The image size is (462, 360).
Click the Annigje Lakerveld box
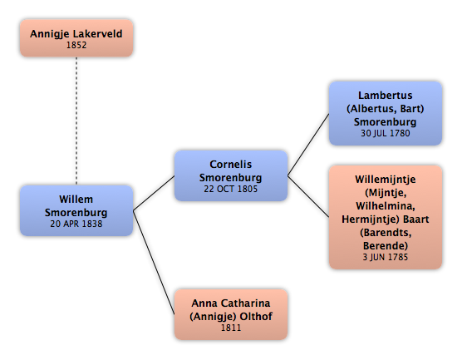tap(76, 38)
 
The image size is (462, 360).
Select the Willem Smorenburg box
tap(76, 210)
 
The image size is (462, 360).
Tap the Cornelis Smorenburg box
tap(231, 175)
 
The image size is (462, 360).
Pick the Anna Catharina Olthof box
tap(231, 314)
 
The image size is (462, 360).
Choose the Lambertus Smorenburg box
tap(386, 114)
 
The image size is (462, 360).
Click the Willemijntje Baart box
tap(386, 217)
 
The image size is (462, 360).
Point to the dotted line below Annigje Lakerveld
tap(76, 121)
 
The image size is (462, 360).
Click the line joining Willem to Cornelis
tap(154, 193)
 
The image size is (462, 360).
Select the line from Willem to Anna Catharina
tap(154, 263)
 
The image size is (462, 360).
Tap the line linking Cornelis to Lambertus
tap(308, 145)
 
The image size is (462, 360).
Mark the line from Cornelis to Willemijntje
tap(308, 197)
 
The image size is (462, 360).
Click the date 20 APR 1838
tap(76, 224)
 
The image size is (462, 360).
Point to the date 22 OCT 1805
tap(231, 189)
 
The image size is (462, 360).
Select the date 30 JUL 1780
tap(386, 133)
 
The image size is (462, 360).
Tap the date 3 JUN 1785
tap(386, 257)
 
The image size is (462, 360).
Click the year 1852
tap(76, 45)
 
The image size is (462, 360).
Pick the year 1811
tap(231, 328)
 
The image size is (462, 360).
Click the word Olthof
tap(256, 317)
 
